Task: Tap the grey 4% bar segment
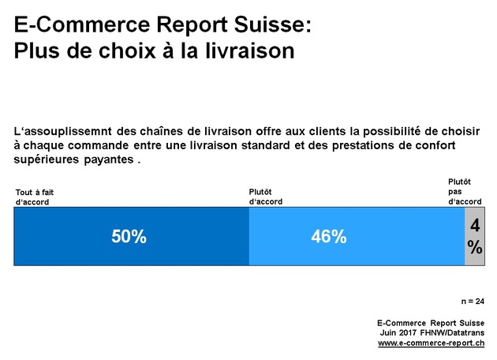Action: point(474,237)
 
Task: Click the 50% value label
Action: point(129,237)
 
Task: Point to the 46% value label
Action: point(329,237)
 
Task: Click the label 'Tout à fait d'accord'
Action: point(35,197)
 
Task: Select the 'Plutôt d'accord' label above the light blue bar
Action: point(266,197)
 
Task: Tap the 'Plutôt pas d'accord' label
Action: point(465,192)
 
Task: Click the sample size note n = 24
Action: point(473,302)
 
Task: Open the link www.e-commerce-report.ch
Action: point(431,343)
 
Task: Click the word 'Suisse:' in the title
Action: point(271,25)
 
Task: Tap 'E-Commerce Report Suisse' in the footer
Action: point(431,323)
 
